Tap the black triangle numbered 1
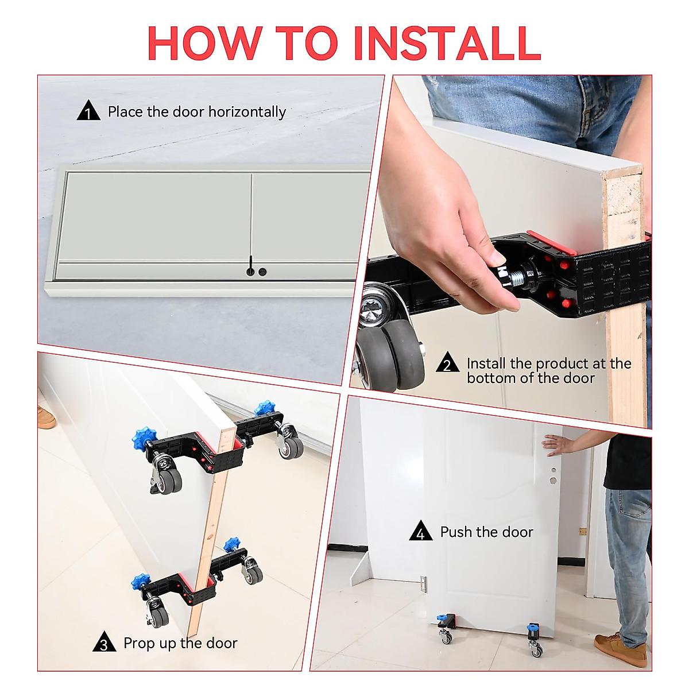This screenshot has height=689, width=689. tap(88, 111)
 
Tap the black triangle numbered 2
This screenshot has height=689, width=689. tap(447, 364)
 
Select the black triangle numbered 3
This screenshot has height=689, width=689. tap(104, 643)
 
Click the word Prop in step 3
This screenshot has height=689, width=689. tap(140, 643)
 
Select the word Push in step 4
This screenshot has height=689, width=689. tap(458, 532)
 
